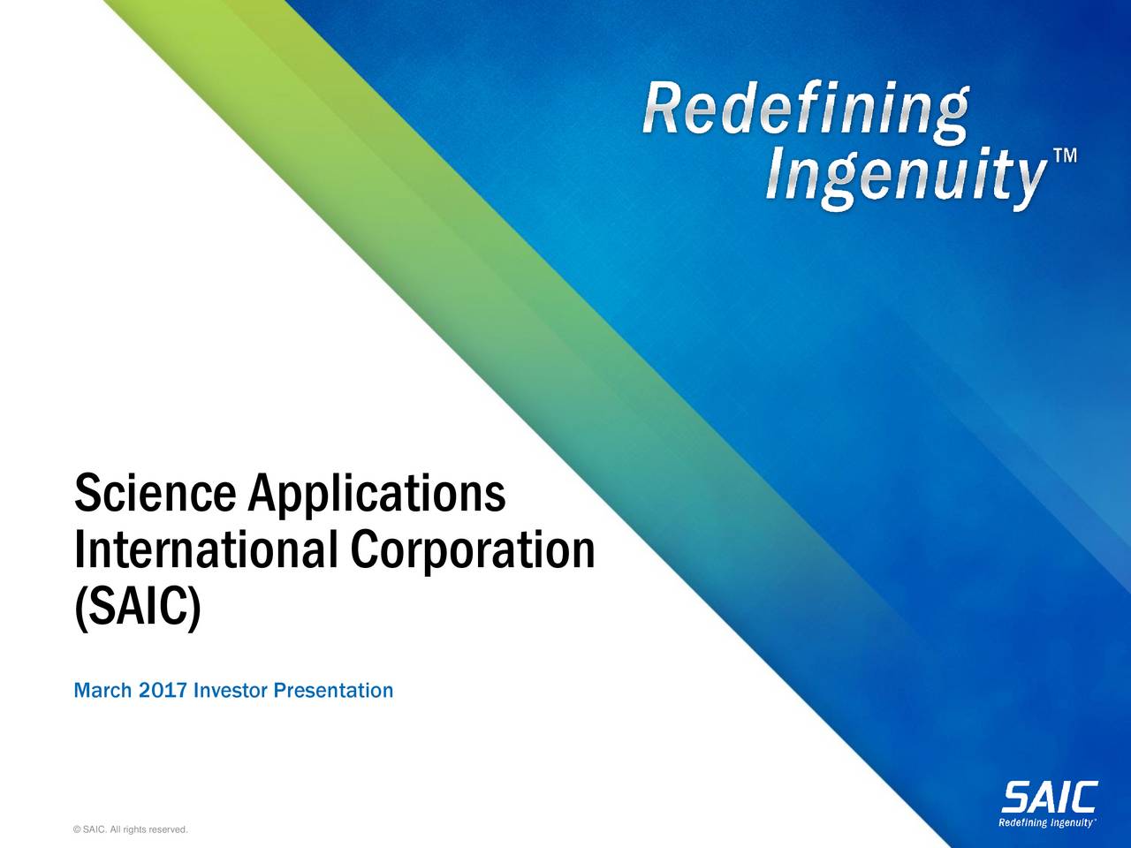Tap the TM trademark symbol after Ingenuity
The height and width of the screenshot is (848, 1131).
coord(1065,157)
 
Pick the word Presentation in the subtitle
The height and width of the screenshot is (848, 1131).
coord(334,689)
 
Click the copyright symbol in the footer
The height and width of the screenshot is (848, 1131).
coord(79,829)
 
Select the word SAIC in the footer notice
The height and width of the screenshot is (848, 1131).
coord(95,829)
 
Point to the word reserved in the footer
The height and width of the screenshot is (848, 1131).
coord(167,829)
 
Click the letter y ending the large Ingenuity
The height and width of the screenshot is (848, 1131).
coord(1026,185)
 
